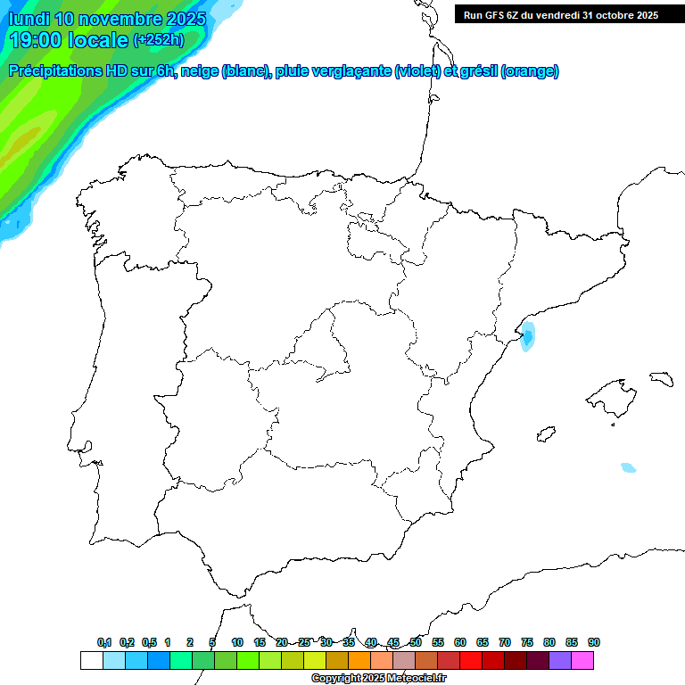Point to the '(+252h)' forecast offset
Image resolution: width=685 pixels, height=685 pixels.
click(x=158, y=39)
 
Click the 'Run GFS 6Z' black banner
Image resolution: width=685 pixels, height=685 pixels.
click(x=561, y=15)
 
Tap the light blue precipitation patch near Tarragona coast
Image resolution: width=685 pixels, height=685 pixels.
click(x=528, y=336)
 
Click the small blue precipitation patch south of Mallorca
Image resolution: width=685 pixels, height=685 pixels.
click(x=629, y=467)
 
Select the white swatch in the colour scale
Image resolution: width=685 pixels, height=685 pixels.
click(x=91, y=660)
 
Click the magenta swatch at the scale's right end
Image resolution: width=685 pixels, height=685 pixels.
click(x=582, y=660)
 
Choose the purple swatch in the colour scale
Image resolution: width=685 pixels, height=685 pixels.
click(x=560, y=660)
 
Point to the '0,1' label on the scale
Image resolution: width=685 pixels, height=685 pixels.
click(x=104, y=642)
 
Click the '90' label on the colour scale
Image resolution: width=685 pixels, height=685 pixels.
click(x=594, y=642)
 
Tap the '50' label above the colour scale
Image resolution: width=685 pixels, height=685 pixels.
click(x=416, y=642)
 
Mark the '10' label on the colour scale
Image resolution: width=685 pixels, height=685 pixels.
click(x=237, y=642)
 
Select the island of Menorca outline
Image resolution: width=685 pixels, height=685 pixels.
click(x=661, y=378)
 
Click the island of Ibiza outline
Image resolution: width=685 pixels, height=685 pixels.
click(x=546, y=434)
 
